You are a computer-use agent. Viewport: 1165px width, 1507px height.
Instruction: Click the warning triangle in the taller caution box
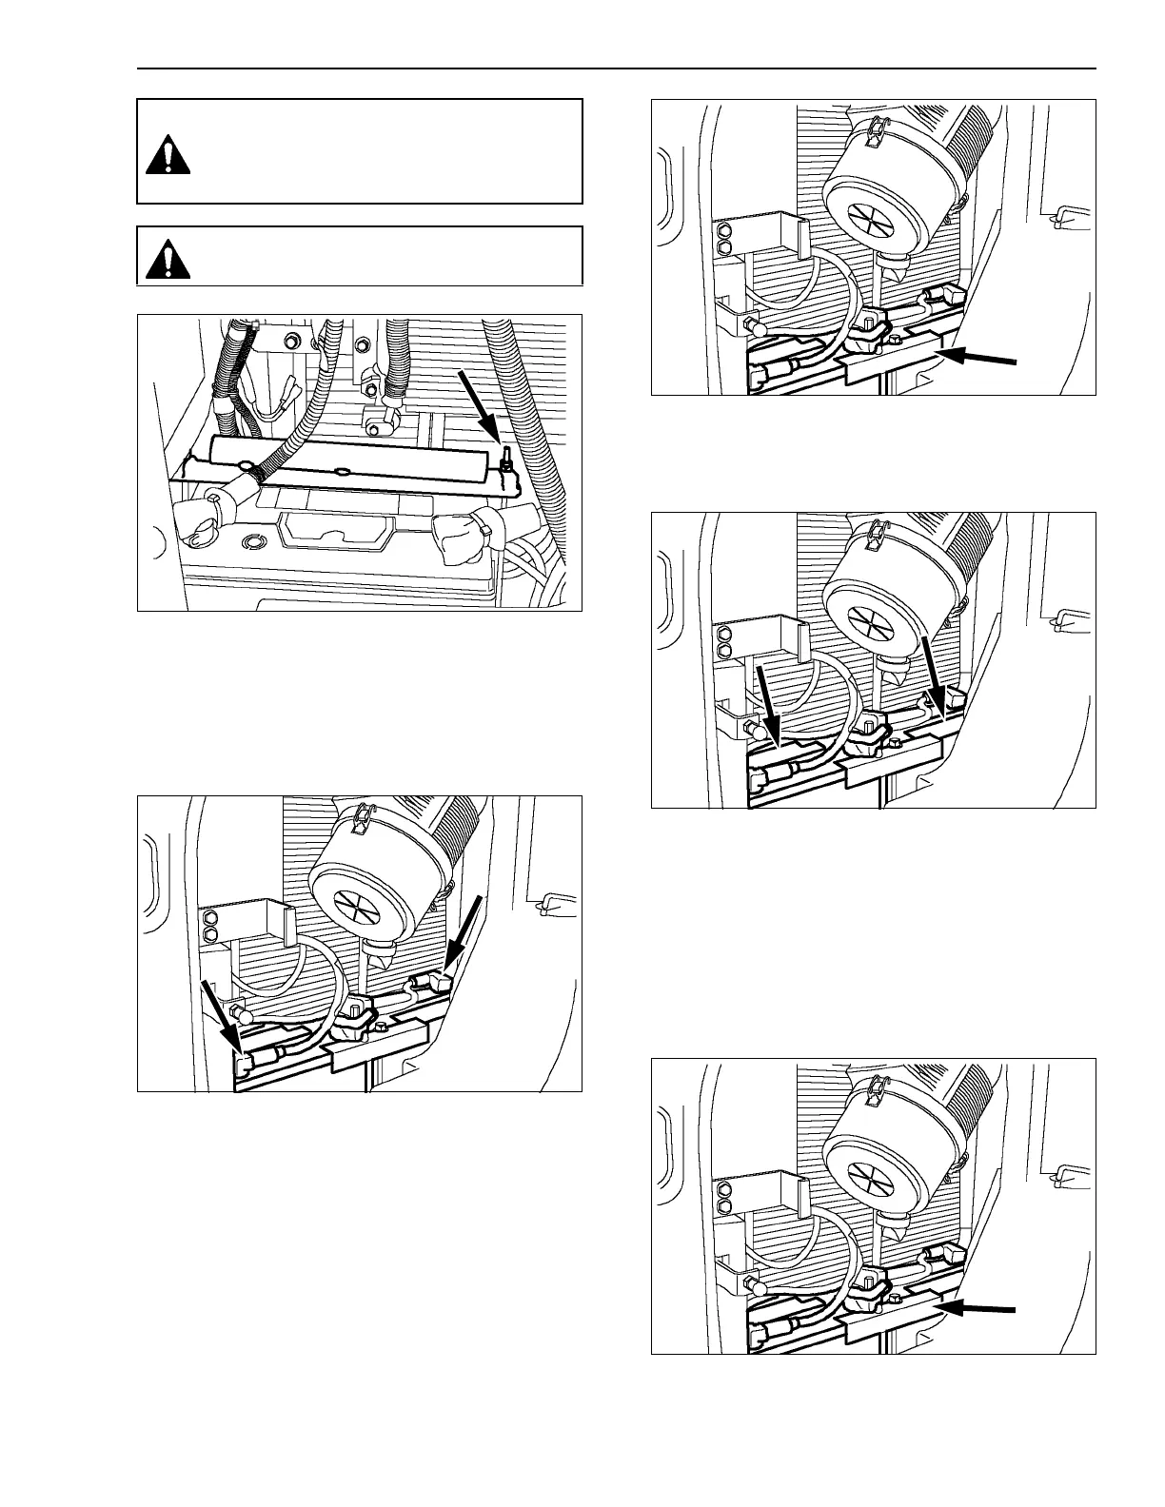[168, 153]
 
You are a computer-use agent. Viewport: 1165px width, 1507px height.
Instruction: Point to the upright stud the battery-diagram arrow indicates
[507, 459]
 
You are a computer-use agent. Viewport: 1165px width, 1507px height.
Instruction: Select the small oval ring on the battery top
[252, 542]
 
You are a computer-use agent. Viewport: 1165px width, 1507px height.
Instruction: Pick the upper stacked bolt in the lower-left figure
[210, 918]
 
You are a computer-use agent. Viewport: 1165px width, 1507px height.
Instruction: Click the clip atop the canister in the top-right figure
[875, 130]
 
